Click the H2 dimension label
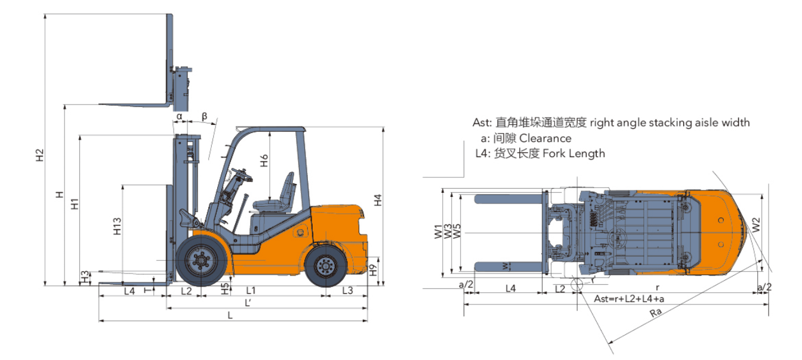(x=40, y=155)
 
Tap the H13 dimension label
(x=118, y=226)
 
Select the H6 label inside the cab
(x=264, y=161)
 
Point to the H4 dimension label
(x=378, y=200)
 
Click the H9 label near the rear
(x=374, y=270)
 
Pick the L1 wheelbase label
(x=251, y=291)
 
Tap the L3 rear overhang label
(x=347, y=291)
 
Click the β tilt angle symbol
(x=205, y=116)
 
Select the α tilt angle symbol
(x=180, y=116)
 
